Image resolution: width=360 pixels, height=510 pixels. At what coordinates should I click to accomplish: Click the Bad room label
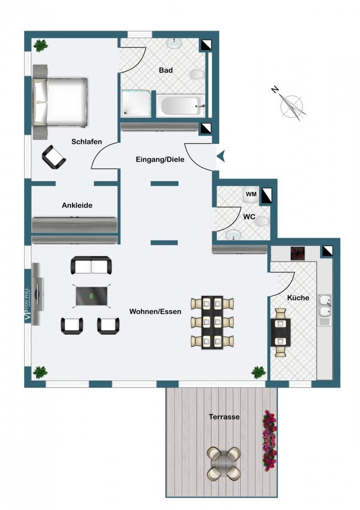tap(166, 70)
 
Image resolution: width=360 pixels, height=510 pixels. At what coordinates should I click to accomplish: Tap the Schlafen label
tap(87, 141)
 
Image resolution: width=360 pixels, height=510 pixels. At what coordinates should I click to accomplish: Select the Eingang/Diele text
tap(160, 159)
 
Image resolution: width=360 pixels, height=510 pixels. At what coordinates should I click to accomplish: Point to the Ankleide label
tap(77, 205)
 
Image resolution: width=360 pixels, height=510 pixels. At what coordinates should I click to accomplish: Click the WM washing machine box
tap(251, 194)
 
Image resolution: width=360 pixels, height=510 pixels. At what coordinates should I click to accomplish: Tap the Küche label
tap(298, 298)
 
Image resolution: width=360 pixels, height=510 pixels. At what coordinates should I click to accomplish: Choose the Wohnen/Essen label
tap(155, 312)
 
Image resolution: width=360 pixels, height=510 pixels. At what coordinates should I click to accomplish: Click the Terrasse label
tap(224, 417)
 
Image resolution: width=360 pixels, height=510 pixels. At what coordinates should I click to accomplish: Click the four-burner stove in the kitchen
tap(298, 253)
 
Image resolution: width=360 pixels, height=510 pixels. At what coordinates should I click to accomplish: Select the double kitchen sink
tap(324, 305)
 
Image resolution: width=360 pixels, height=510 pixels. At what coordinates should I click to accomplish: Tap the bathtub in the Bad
tap(181, 106)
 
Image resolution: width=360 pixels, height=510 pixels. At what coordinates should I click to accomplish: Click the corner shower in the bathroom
tap(137, 104)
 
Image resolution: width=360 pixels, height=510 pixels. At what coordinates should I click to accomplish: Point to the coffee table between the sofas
tap(92, 296)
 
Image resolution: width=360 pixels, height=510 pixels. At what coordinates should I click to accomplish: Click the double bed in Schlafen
tap(60, 102)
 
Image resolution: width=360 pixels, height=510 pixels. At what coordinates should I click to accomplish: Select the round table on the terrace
tap(224, 463)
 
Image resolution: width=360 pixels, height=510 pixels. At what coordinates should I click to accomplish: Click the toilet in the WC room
tap(262, 222)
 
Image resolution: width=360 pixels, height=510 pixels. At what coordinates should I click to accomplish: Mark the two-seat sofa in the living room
tap(91, 265)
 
